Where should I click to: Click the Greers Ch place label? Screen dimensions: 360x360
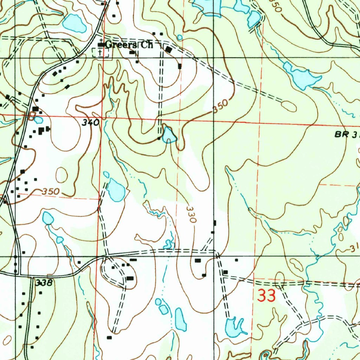pos(129,45)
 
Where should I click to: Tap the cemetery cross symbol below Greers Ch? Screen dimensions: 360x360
pos(101,53)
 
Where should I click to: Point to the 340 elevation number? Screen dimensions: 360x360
pos(91,123)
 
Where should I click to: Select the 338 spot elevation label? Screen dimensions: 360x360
pos(44,283)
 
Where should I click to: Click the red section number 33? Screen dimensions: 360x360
pos(266,296)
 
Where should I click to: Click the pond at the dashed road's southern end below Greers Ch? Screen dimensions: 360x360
pos(169,135)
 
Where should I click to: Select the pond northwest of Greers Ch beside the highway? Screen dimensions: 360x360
pos(75,24)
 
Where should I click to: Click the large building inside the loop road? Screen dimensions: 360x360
pos(130,278)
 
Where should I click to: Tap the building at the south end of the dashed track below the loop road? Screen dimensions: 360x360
pos(109,337)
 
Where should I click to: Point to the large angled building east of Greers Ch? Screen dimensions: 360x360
pos(169,50)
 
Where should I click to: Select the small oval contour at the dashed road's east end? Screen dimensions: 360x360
pos(289,106)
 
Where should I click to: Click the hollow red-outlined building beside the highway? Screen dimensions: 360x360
pos(32,116)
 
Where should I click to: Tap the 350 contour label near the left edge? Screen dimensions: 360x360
pos(51,192)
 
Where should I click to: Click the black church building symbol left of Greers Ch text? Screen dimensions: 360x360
pos(101,45)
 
